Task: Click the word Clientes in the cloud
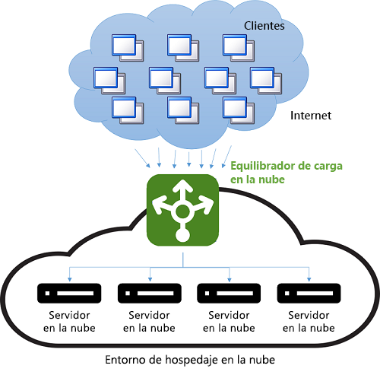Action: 264,26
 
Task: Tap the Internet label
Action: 312,116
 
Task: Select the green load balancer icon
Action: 182,208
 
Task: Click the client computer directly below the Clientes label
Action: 236,46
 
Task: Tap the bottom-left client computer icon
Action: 125,108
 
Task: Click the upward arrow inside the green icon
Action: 182,189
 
